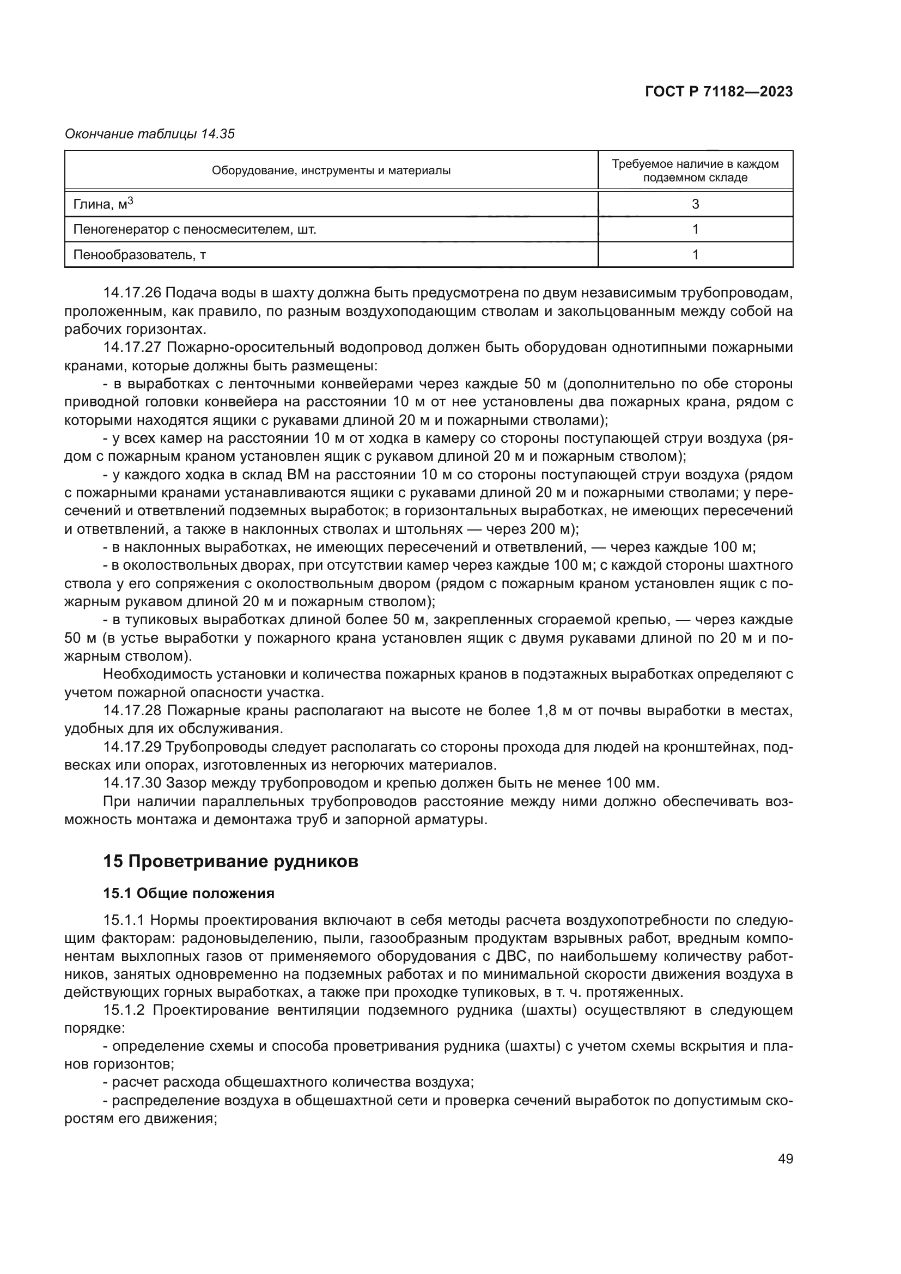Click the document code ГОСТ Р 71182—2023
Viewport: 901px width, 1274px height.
coord(719,92)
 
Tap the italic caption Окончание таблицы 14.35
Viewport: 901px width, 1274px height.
coord(150,134)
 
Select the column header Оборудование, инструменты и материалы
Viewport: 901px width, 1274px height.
coord(331,171)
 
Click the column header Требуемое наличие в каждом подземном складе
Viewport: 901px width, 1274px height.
coord(695,171)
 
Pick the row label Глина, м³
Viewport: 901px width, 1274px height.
coord(103,204)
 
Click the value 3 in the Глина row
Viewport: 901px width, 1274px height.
coord(695,204)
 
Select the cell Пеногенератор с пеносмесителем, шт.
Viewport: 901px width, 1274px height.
coord(194,229)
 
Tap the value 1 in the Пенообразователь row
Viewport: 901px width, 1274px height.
coord(695,255)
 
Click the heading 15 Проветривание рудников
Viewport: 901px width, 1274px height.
coord(230,861)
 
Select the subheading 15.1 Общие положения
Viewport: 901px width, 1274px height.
coord(188,893)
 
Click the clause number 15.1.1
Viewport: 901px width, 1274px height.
coord(124,920)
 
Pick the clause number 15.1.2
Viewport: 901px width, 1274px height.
coord(124,1010)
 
